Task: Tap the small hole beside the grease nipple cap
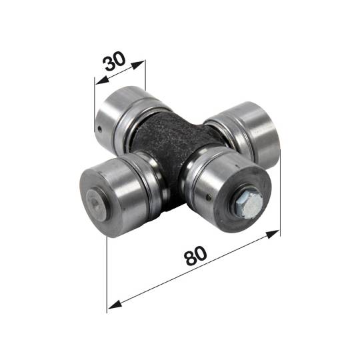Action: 210,196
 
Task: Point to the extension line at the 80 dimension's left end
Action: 107,273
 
